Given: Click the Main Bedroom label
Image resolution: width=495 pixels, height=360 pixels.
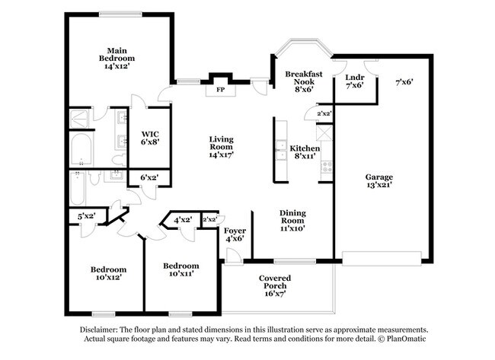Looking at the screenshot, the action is point(117,59).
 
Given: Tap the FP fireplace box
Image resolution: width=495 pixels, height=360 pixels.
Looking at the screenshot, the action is point(221,90).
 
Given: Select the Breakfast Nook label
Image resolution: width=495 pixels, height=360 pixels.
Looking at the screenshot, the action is point(304,81).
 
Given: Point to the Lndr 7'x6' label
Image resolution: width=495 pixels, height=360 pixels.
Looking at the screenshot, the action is point(355,81).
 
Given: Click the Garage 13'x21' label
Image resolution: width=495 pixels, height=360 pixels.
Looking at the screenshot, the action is point(379,181).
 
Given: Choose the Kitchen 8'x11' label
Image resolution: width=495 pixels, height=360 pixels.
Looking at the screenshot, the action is point(305,152).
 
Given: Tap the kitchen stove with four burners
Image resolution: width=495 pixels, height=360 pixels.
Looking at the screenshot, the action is point(327,167).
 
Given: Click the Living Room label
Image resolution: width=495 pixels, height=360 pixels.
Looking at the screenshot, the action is point(222,147).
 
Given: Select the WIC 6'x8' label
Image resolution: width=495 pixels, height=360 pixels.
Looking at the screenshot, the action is point(150,138).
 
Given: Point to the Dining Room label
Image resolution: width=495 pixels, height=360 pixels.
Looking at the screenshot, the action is point(292,221).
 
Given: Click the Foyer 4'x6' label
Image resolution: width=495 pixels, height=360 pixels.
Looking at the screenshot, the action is point(235,234).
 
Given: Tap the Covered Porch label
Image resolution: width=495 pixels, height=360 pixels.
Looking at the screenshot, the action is point(275,286).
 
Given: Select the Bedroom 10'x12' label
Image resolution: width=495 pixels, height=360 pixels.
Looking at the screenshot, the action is point(109,273).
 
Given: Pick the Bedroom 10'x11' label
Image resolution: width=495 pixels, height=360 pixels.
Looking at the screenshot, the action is point(181,269).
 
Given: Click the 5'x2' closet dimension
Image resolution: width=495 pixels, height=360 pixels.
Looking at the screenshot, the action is point(87,216).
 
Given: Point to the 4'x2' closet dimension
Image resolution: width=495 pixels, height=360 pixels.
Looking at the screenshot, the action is point(183,220).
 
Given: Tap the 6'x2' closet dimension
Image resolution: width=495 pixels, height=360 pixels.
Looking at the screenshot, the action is point(149,177).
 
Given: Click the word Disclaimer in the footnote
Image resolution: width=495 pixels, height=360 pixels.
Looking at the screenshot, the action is point(98,330).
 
